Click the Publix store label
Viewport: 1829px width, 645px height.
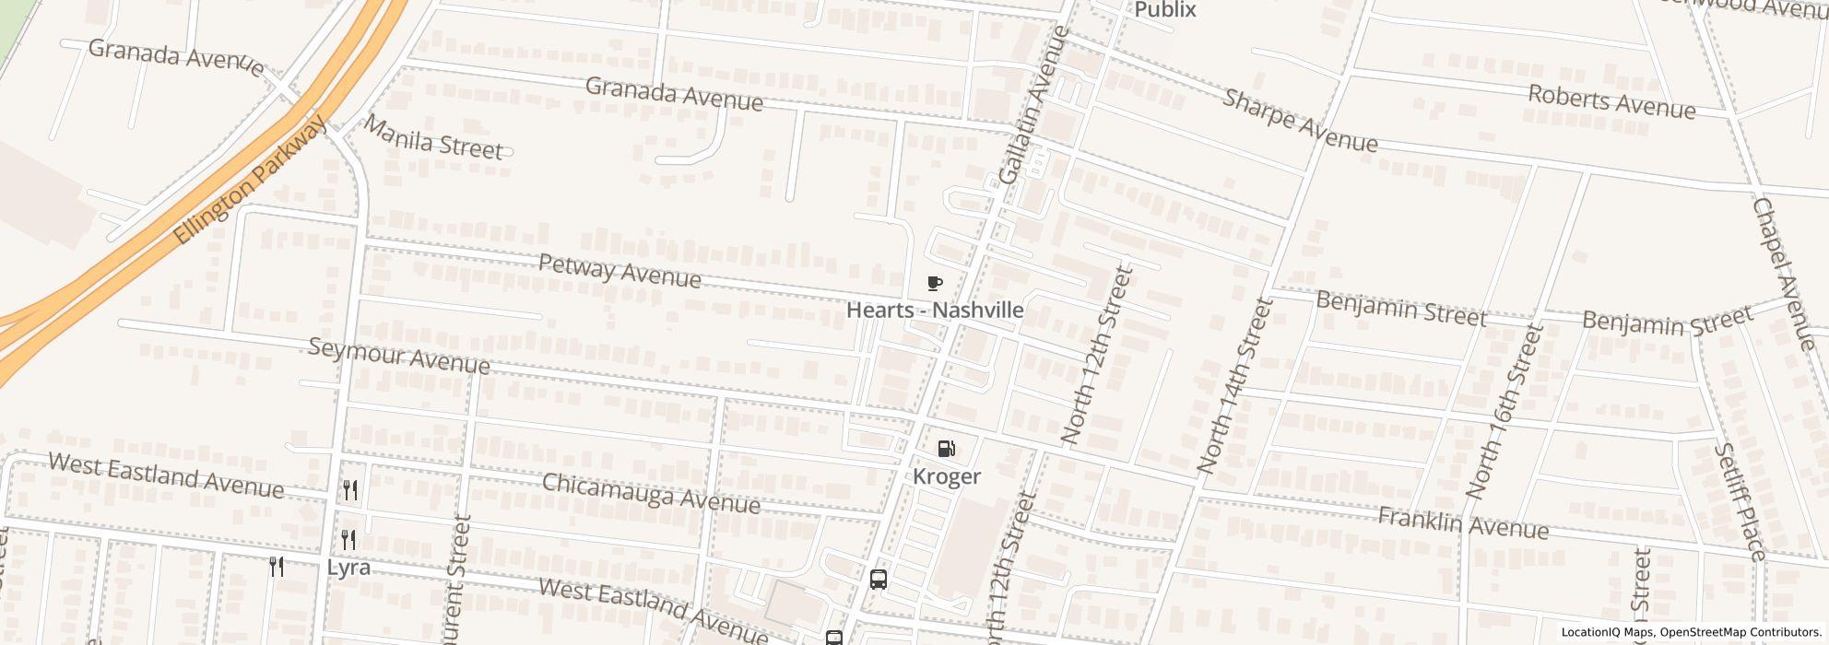point(1164,10)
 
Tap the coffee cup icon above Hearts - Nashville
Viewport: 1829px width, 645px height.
point(935,283)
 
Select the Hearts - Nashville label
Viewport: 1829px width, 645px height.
point(935,311)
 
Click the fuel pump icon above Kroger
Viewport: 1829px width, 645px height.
point(946,450)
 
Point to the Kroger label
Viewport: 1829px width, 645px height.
point(947,476)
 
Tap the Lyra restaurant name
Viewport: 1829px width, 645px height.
point(348,567)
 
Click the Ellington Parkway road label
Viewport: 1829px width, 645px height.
point(250,181)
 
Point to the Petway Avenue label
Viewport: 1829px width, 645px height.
point(619,270)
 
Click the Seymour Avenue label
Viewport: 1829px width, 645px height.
point(398,356)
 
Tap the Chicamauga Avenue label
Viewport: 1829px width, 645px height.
point(650,494)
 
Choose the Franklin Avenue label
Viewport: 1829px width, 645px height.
point(1462,522)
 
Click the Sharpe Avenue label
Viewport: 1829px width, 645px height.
point(1300,121)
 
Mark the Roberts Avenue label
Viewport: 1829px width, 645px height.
point(1611,101)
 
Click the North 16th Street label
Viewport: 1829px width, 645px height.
point(1503,411)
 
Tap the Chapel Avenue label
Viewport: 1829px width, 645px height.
point(1783,274)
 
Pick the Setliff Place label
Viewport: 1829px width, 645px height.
point(1740,501)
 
